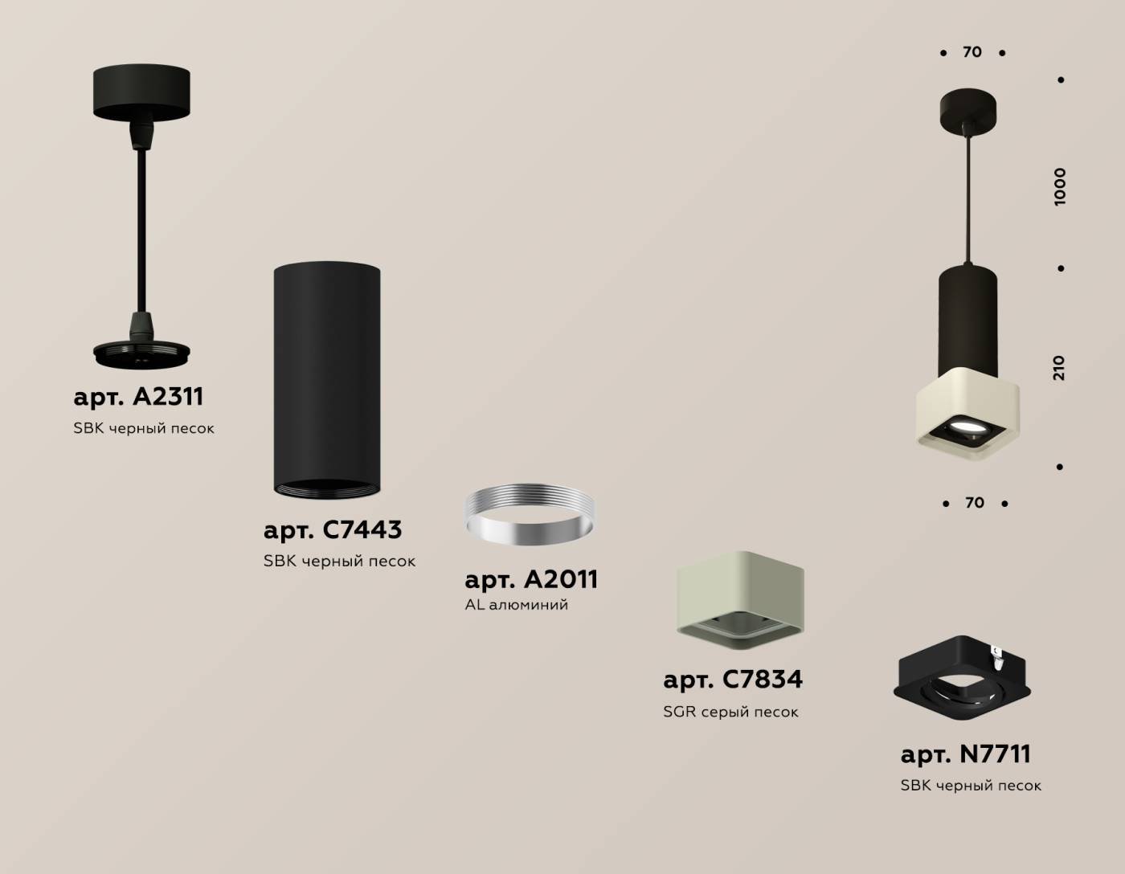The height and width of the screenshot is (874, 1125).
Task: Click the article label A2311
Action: pos(138,397)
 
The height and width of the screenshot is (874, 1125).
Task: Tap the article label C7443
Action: pos(333,530)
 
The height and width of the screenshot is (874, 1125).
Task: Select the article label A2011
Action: pos(531,579)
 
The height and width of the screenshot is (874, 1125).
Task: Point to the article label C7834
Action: pos(733,680)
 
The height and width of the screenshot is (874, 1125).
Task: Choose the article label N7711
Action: pos(966,754)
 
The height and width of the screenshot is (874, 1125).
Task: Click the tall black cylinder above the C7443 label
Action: pos(327,380)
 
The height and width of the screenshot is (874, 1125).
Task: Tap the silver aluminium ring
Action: pos(530,515)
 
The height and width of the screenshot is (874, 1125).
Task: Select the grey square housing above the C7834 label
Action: pos(740,600)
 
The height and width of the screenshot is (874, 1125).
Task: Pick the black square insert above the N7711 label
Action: pos(962,678)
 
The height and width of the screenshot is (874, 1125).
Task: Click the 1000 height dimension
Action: pos(1060,187)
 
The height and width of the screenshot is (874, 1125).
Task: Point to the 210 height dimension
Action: pos(1059,368)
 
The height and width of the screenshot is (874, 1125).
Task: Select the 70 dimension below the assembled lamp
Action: pos(975,502)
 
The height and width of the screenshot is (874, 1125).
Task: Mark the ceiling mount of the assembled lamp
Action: pos(968,109)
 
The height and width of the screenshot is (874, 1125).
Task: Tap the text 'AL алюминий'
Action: pos(516,605)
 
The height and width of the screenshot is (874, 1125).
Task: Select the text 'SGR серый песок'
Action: pos(730,712)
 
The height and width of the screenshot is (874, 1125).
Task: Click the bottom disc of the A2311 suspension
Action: pos(141,354)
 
